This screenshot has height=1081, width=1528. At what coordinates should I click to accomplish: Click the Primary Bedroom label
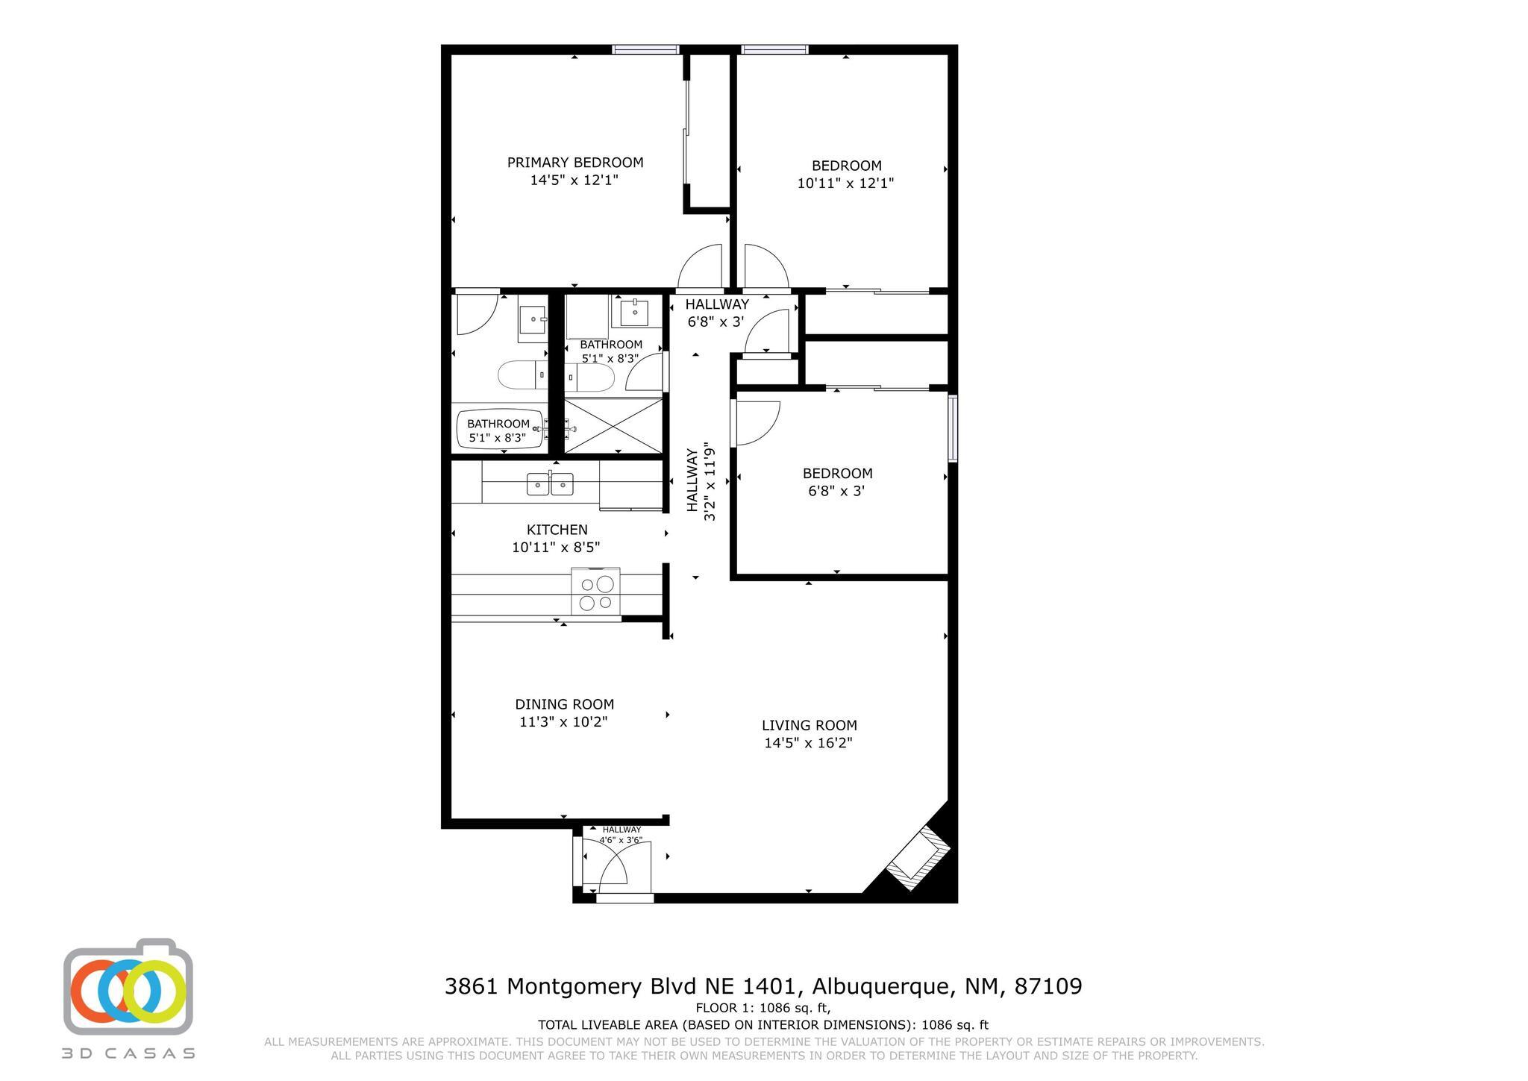(x=574, y=163)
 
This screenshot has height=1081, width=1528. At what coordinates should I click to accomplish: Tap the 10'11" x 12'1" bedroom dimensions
(x=845, y=184)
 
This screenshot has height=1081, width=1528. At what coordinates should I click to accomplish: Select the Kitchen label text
(x=557, y=530)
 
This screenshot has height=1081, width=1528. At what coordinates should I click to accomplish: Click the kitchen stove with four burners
(x=595, y=592)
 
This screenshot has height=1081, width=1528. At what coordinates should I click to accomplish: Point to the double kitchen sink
(x=550, y=484)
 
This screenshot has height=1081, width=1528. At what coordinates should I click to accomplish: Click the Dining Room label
(x=564, y=704)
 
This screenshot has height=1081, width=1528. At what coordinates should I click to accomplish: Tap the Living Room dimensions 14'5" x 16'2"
(x=808, y=743)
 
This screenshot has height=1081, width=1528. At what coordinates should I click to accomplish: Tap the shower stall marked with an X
(x=613, y=426)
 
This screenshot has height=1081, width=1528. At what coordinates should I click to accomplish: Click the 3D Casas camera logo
(x=128, y=986)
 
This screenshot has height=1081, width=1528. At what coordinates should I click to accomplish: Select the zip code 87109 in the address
(x=1048, y=987)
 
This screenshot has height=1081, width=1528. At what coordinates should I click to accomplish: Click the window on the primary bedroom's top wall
(x=645, y=50)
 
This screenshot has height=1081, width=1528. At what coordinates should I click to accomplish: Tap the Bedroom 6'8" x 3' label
(x=837, y=482)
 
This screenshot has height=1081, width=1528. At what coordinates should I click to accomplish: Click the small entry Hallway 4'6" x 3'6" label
(x=621, y=835)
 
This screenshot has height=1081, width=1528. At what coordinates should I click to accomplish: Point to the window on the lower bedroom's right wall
(x=953, y=428)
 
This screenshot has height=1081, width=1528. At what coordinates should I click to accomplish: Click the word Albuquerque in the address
(x=880, y=987)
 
